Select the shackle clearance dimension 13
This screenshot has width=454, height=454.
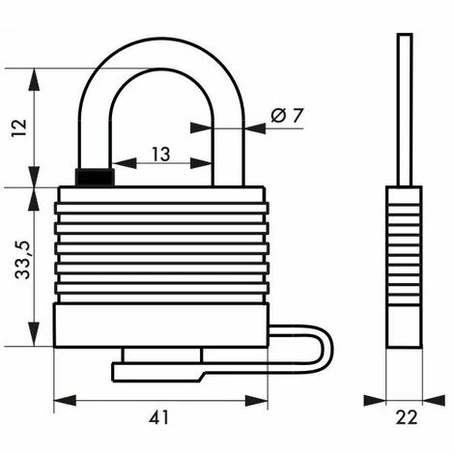pos(161,154)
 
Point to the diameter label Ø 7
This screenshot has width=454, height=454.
pos(287,116)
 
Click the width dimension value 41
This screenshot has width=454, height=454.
pos(160,417)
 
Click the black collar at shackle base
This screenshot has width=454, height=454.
pos(95,178)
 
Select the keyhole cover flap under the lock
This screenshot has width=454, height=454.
pos(159,369)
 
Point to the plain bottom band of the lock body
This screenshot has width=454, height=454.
pos(160,326)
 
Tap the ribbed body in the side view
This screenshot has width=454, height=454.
pos(404,266)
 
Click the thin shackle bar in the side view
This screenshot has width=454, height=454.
pos(405,106)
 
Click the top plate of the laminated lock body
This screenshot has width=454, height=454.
pos(160,194)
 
